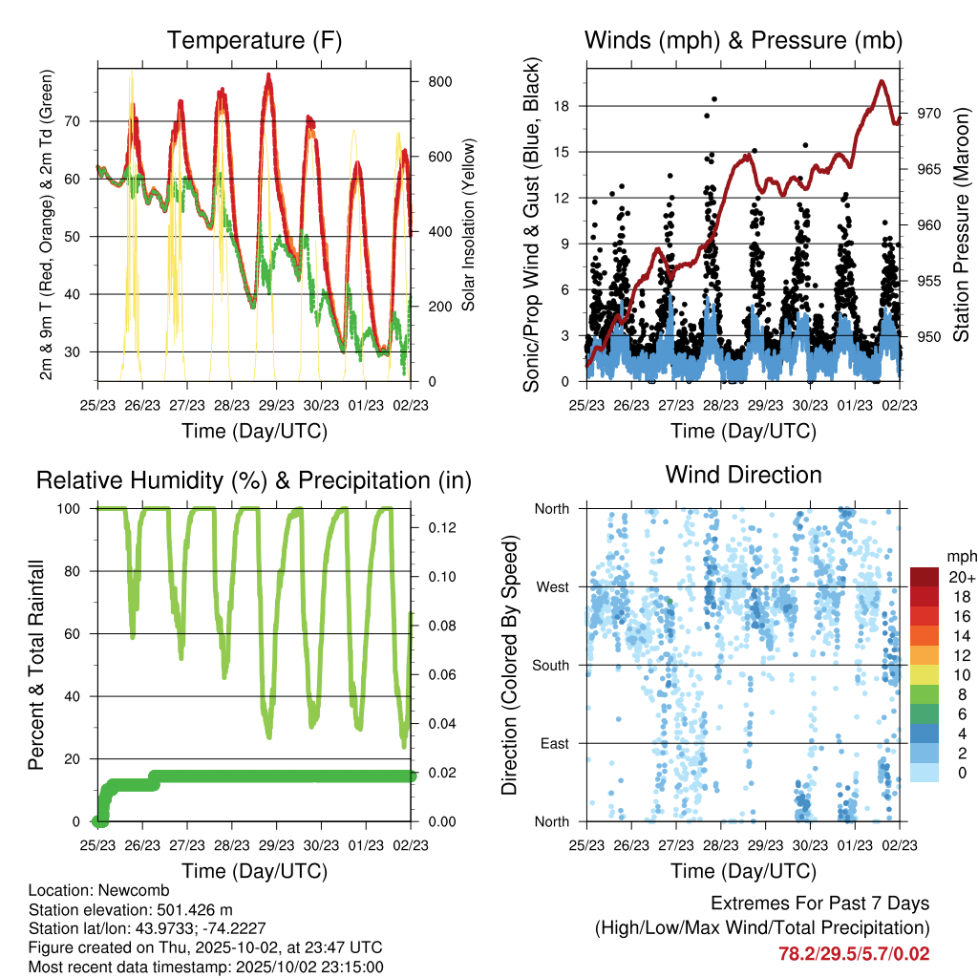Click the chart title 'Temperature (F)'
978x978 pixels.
click(254, 40)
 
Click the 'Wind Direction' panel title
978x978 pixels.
click(743, 474)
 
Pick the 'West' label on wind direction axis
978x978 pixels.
click(552, 586)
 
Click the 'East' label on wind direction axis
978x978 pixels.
click(553, 743)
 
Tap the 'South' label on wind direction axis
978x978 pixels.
click(550, 665)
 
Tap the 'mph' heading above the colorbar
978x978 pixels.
click(959, 556)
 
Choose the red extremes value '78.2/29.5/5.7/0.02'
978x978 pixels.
click(854, 954)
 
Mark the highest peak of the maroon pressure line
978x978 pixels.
click(881, 81)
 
